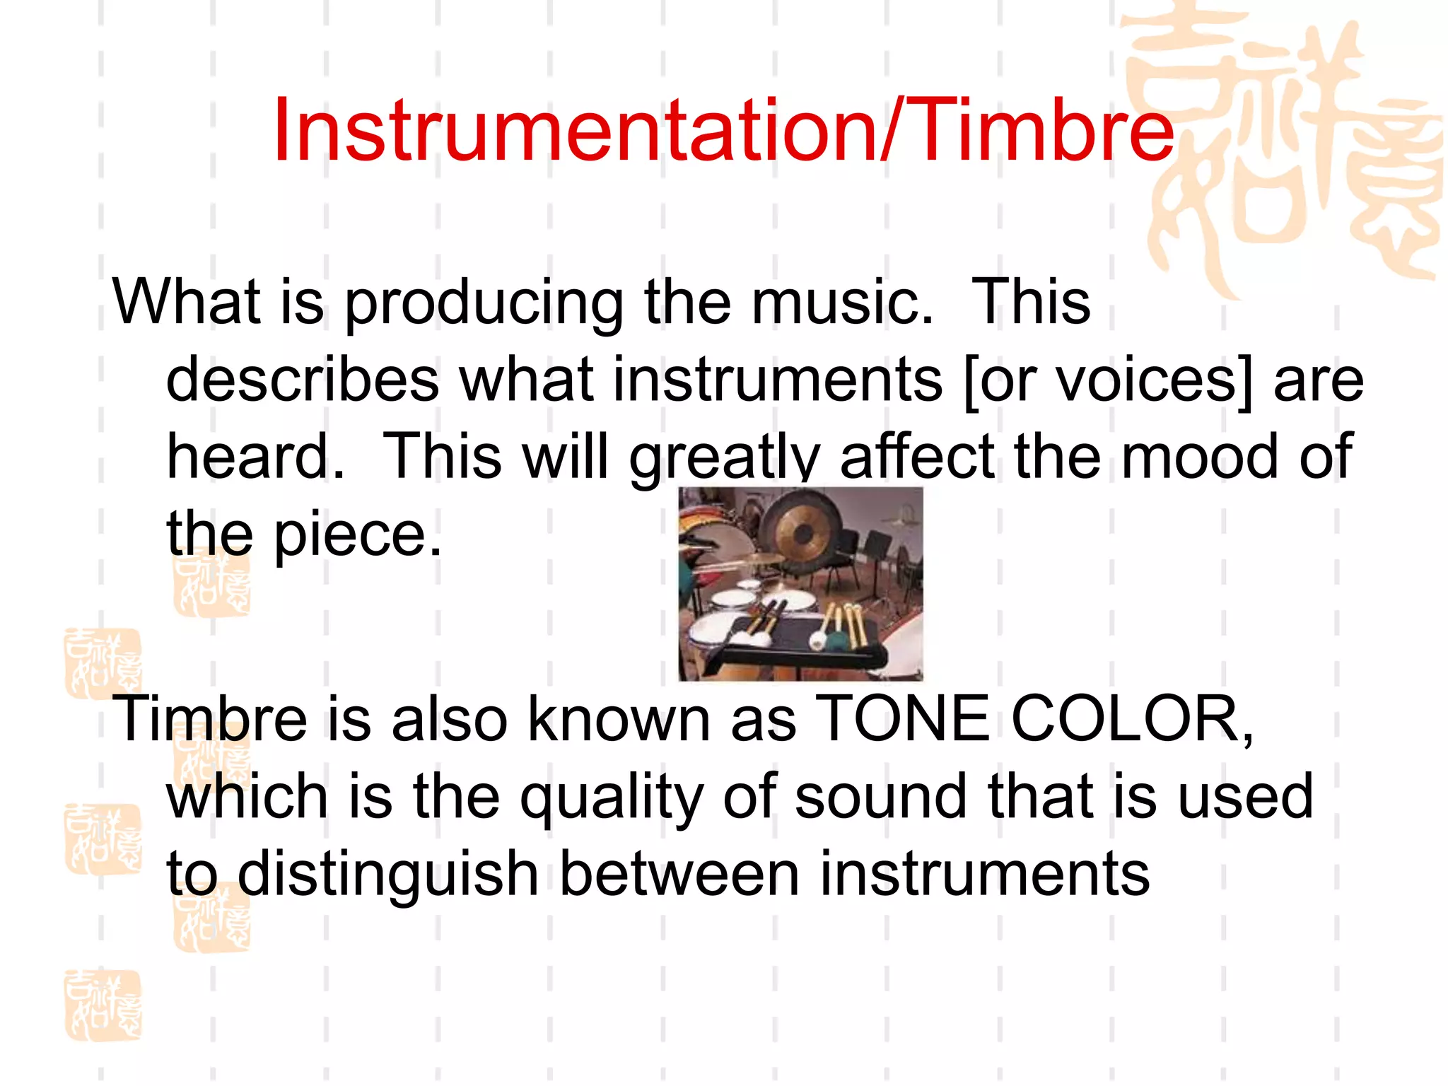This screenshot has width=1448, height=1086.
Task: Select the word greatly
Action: click(x=724, y=458)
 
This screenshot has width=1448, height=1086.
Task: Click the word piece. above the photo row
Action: click(x=358, y=535)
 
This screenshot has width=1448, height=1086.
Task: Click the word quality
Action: click(x=612, y=798)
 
